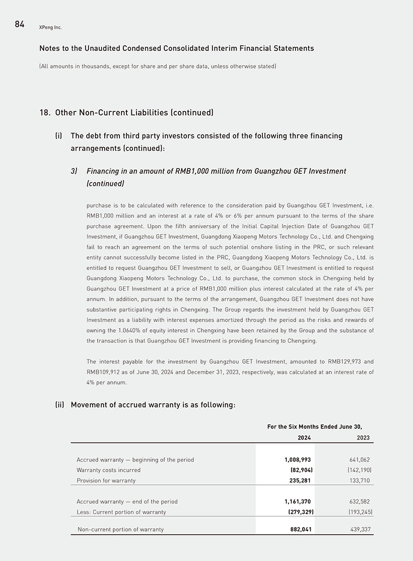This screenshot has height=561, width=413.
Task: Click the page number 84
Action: click(x=20, y=24)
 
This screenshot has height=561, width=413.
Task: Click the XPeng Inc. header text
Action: click(x=50, y=27)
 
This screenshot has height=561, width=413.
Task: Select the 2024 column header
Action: click(x=304, y=438)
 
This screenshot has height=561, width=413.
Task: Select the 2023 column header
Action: click(x=363, y=438)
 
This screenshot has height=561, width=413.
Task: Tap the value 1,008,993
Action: click(x=298, y=460)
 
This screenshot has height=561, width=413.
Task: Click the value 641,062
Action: click(x=360, y=460)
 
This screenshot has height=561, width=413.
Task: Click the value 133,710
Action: click(x=360, y=480)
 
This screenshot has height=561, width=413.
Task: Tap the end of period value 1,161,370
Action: click(x=298, y=502)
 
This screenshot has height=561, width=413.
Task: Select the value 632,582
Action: click(x=360, y=502)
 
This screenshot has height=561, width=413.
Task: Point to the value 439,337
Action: click(x=360, y=529)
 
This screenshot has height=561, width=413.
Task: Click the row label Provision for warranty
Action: click(x=106, y=480)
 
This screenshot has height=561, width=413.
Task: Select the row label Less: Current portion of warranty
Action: click(x=121, y=512)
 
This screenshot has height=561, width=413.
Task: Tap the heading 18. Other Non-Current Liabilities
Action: click(x=126, y=112)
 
